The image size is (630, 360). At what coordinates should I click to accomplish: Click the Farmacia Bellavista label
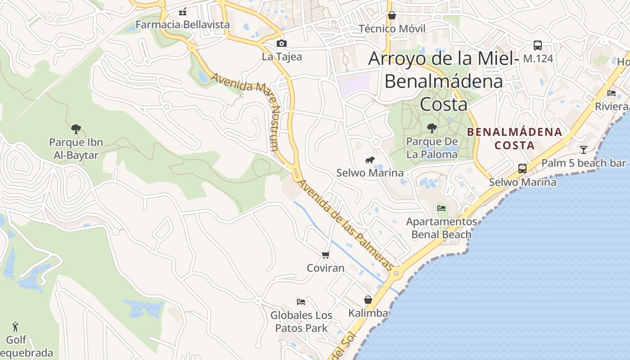pos(182,24)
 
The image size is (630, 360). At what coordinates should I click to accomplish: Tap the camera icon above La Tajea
pos(282,43)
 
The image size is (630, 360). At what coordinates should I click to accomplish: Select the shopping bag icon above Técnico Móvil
pos(392,16)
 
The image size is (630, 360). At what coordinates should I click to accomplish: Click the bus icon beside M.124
pos(537,45)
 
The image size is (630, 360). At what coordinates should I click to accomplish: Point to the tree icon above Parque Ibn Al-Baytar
pos(76,129)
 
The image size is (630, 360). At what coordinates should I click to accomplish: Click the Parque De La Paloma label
pos(432,148)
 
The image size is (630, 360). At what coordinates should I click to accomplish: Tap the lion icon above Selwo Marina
pos(370,160)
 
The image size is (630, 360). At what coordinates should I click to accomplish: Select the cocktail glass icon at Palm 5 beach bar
pos(584,149)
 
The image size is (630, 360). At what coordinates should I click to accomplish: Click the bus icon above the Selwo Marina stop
pos(522,169)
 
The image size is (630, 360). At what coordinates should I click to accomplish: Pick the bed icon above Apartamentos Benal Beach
pos(441,208)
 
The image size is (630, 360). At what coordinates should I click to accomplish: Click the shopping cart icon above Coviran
pos(326,255)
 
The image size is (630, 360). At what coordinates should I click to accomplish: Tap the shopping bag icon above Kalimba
pos(368,300)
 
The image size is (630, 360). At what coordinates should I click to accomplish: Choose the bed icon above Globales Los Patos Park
pos(301,301)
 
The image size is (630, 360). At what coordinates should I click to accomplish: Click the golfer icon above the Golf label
pos(16,326)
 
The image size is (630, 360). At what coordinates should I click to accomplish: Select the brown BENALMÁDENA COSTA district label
pos(514,139)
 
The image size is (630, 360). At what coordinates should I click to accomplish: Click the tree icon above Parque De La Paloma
pos(432,128)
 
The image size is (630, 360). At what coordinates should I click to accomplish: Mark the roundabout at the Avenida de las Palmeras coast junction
pos(396,273)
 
